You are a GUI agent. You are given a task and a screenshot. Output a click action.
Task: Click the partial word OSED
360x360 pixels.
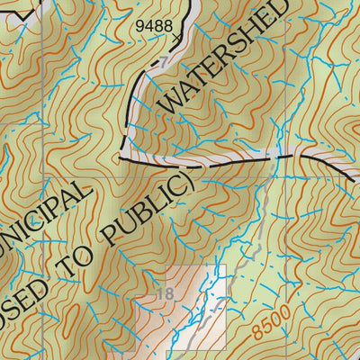click(27, 310)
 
